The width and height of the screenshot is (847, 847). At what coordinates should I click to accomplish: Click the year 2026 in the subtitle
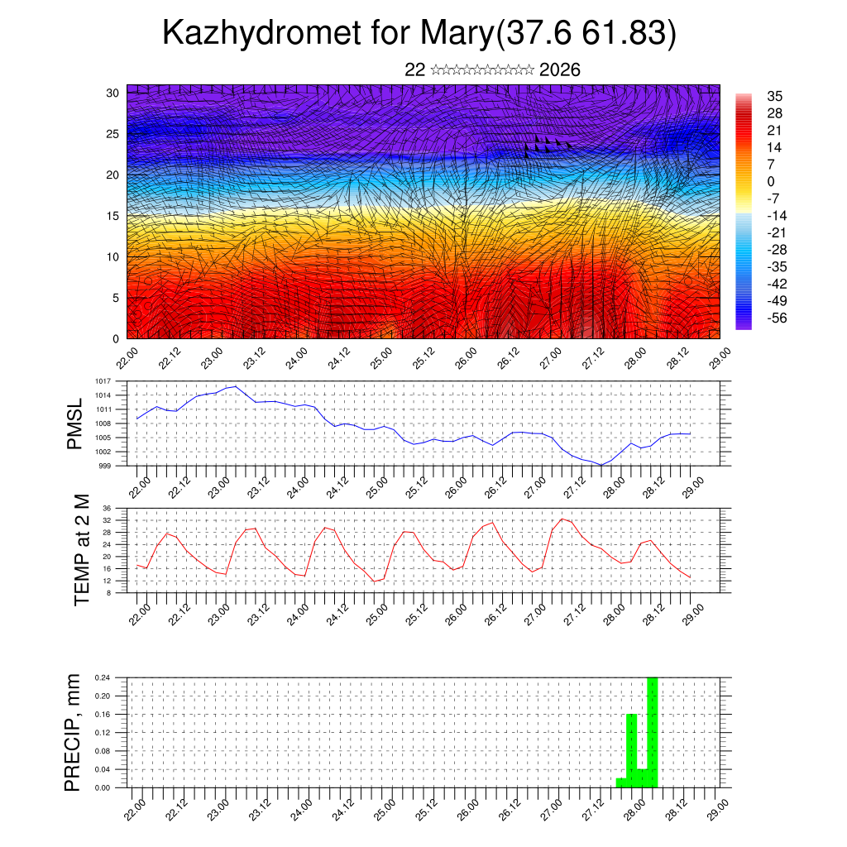559,69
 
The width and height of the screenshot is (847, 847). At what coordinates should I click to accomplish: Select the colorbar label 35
775,96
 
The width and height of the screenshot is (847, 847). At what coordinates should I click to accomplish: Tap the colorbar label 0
772,181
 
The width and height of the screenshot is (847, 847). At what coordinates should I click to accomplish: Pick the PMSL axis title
75,423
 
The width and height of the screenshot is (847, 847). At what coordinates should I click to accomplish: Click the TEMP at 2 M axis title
81,549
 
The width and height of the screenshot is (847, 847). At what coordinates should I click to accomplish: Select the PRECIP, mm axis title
73,732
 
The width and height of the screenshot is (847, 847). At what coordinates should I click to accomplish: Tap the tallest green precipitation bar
653,732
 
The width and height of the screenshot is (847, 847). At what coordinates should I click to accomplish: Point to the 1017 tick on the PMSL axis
103,381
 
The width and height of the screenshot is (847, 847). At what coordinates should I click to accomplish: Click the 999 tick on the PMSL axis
106,466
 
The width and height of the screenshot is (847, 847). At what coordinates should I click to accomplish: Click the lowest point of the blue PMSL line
601,465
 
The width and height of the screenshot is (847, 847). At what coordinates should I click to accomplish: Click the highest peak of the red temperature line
562,519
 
